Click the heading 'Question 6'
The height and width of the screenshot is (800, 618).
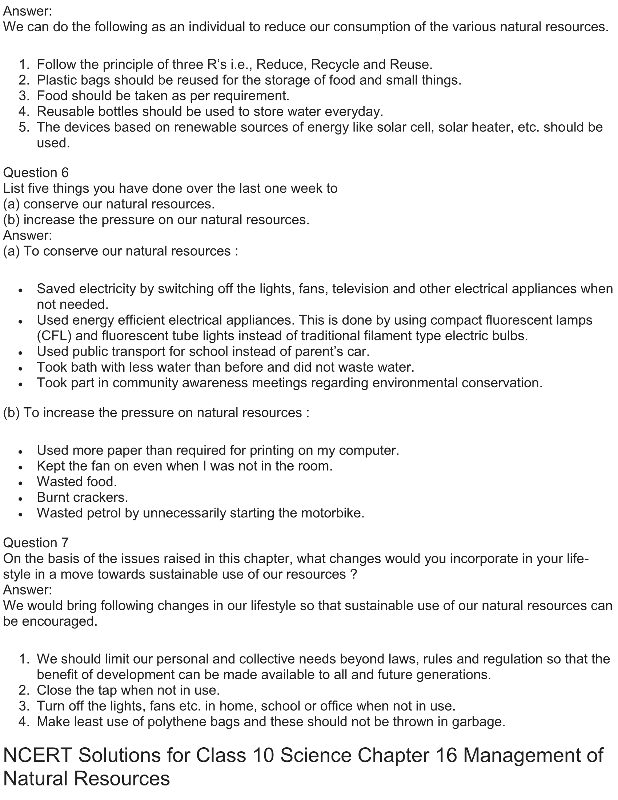36,173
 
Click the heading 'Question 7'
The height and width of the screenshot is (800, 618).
36,543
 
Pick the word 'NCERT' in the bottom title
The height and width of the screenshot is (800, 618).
38,755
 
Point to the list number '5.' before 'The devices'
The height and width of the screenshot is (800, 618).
24,127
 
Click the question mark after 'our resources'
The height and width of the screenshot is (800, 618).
353,574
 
